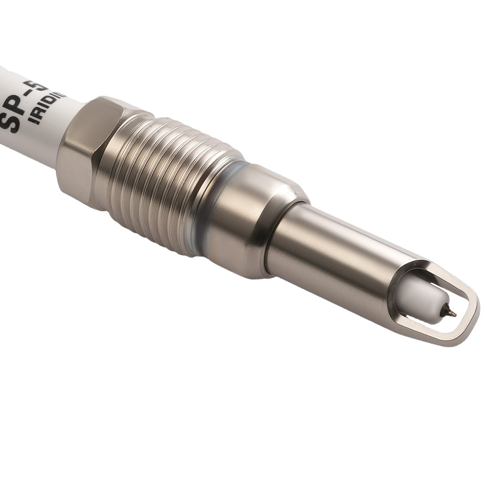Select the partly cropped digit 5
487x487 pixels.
click(45, 85)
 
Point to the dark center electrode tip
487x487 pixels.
click(450, 312)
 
